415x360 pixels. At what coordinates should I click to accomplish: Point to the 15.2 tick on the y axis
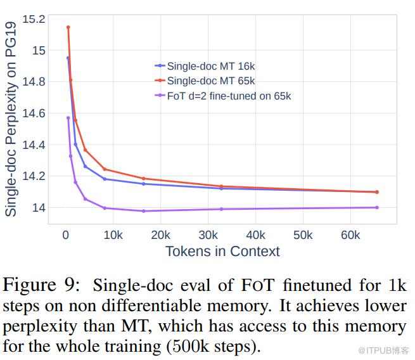click(x=34, y=19)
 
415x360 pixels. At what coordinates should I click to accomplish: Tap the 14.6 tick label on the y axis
click(x=34, y=113)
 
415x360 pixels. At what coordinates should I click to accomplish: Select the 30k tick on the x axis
click(x=208, y=235)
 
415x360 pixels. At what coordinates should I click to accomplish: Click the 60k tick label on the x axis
click(x=350, y=235)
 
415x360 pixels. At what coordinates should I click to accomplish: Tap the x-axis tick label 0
click(x=65, y=235)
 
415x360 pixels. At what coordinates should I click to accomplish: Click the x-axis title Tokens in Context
click(x=222, y=251)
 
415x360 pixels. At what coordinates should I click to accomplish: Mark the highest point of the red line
click(x=68, y=27)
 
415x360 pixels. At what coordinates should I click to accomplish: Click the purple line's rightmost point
click(x=377, y=207)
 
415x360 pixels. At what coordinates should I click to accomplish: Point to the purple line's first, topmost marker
click(x=68, y=118)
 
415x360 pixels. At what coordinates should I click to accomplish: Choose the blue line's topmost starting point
click(x=68, y=58)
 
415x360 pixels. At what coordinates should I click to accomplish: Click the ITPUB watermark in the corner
click(x=383, y=350)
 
